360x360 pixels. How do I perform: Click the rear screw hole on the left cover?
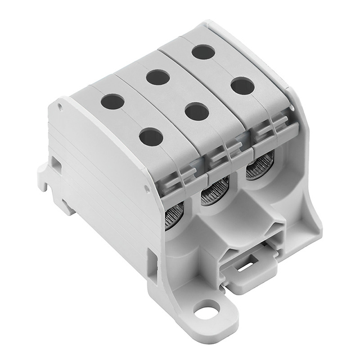click(112, 101)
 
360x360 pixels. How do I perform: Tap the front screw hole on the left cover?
click(151, 136)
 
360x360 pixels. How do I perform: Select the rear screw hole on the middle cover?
click(158, 77)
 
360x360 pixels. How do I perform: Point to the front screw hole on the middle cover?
click(197, 111)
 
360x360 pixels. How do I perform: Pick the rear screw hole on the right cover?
click(203, 52)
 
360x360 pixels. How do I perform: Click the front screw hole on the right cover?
click(242, 86)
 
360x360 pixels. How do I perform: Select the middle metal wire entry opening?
click(215, 193)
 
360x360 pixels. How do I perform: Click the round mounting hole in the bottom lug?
click(206, 308)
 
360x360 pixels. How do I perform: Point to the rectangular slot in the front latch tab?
click(246, 266)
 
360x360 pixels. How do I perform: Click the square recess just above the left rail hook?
click(55, 163)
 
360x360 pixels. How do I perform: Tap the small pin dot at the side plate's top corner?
click(60, 106)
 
